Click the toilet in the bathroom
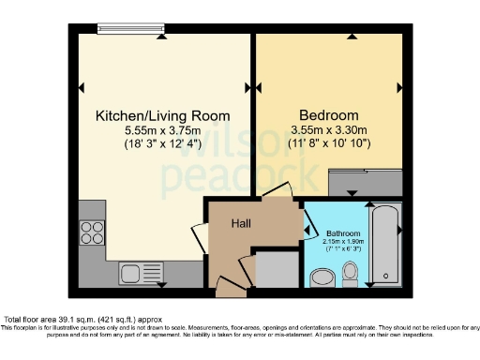point(350,272)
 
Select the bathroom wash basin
point(319,275)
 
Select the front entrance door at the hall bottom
point(228,281)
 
